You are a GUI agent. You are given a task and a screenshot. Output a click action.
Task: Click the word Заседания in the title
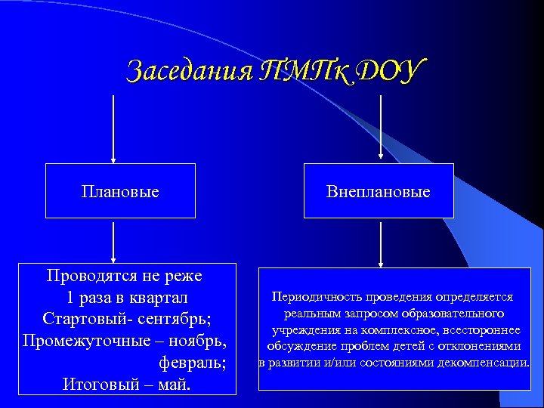click(179, 71)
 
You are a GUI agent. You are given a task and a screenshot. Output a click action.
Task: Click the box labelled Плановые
click(120, 191)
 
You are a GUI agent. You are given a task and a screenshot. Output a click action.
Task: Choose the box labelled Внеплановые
click(379, 191)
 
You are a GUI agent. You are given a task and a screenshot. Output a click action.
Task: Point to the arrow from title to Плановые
click(113, 128)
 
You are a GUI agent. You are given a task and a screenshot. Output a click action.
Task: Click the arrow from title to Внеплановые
click(380, 128)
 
